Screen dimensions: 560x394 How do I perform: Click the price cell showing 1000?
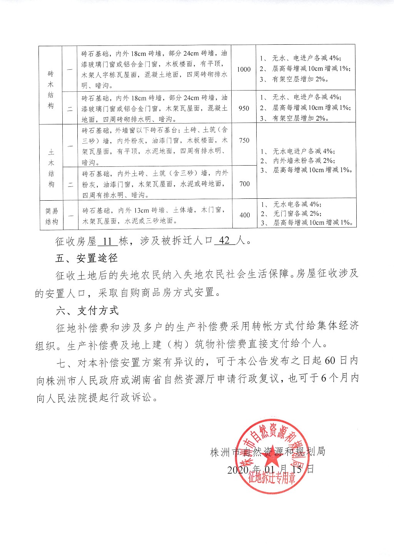(x=244, y=69)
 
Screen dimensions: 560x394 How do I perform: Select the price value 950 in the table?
(x=244, y=108)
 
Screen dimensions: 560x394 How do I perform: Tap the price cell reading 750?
(x=244, y=141)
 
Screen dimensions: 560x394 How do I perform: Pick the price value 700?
(x=244, y=184)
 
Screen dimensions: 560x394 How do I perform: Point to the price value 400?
(x=244, y=215)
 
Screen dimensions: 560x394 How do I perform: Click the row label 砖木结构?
(x=51, y=89)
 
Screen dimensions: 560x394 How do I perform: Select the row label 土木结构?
(x=51, y=168)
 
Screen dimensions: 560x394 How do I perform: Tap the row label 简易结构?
(x=52, y=216)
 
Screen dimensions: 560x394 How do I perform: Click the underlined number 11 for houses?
(x=107, y=241)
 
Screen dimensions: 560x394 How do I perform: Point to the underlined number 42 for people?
(x=224, y=241)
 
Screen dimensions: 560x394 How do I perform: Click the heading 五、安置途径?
(x=86, y=258)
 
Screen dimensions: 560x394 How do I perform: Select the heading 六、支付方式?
(x=87, y=311)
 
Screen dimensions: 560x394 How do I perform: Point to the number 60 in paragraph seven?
(x=330, y=360)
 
